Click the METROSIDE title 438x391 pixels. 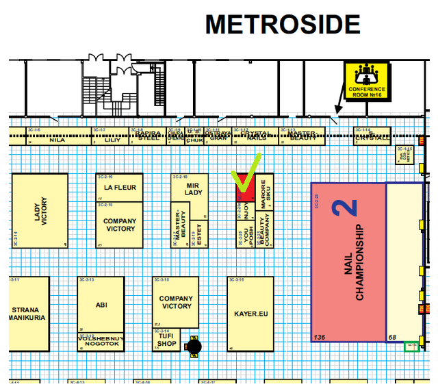[x=283, y=25]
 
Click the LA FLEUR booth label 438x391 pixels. [x=120, y=187]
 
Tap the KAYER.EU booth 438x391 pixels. [x=250, y=314]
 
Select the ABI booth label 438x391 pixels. [x=101, y=305]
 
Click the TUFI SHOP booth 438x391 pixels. [x=166, y=339]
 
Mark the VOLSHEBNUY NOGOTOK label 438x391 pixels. [x=101, y=341]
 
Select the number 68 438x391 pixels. [x=393, y=338]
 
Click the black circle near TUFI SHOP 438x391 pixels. [x=195, y=348]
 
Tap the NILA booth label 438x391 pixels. [x=57, y=139]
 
